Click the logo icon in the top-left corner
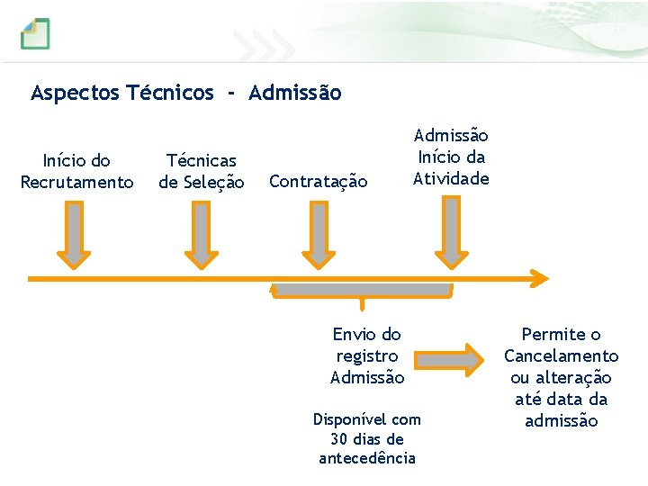coord(36,33)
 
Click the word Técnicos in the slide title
coord(171,93)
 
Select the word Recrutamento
coord(76,183)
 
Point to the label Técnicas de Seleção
coord(202,171)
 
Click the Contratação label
coord(319,182)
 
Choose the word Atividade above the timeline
coord(451,178)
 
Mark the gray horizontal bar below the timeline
coord(362,290)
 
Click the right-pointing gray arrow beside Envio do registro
coord(449,358)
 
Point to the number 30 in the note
coord(340,439)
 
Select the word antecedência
coord(367,459)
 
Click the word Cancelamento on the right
coord(561,356)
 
